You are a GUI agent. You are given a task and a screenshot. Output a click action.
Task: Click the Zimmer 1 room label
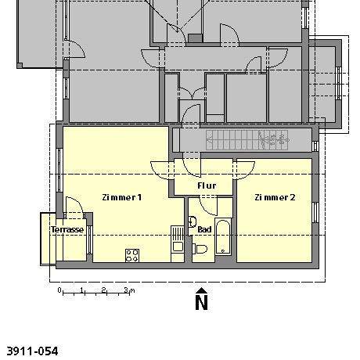[121, 197]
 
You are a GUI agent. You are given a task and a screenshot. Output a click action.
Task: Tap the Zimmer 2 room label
[275, 197]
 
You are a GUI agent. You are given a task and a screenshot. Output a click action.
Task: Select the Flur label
[207, 186]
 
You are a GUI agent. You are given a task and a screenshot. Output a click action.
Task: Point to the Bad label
[204, 229]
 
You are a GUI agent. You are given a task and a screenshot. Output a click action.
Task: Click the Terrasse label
[67, 230]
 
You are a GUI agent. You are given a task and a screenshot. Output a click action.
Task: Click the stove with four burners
[131, 254]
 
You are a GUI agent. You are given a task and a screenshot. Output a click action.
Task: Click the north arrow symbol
[201, 290]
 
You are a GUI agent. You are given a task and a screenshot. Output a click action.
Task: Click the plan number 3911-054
[32, 351]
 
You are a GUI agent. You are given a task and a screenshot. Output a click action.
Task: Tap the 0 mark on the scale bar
[60, 290]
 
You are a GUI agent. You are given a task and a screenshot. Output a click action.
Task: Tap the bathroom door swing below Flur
[207, 205]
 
